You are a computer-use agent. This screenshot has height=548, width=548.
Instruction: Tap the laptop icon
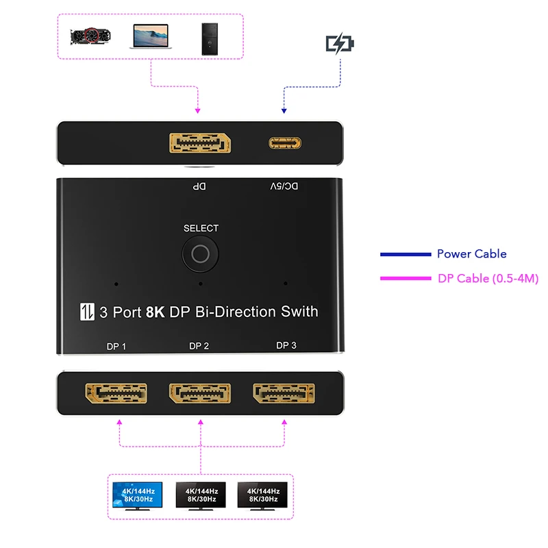(149, 36)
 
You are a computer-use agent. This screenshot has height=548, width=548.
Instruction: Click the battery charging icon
(340, 45)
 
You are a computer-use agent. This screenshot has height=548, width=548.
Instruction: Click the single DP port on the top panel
(200, 144)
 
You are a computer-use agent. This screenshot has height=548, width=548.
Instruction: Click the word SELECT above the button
(201, 228)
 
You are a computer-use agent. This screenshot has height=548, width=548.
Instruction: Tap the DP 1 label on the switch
(116, 347)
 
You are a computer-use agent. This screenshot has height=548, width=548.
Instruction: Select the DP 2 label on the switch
(199, 346)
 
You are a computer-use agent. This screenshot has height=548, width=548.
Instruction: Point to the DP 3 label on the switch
(286, 345)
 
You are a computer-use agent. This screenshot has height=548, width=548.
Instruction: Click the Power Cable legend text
(471, 254)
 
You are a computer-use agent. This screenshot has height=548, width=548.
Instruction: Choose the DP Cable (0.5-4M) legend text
(488, 278)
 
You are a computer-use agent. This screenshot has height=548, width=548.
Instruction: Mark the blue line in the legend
(405, 255)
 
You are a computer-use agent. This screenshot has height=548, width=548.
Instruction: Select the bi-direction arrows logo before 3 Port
(86, 312)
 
